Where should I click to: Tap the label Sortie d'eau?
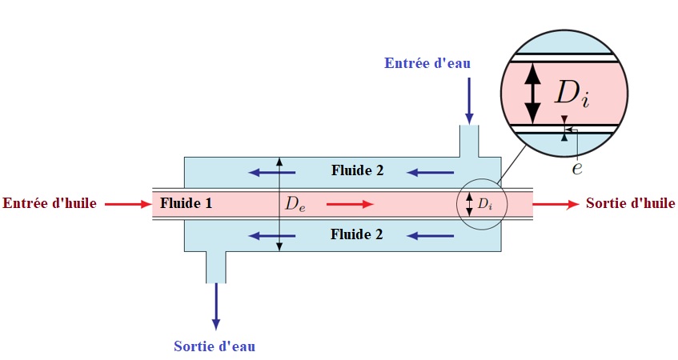coord(215,346)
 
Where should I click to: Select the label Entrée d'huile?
coord(50,203)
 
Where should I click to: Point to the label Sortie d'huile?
coord(630,203)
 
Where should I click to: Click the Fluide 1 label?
coord(186,203)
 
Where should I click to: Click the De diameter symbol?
coord(295,204)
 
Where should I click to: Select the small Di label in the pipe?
coord(485,205)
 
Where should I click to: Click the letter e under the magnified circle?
coord(576,169)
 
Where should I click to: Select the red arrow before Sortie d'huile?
coord(556,204)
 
